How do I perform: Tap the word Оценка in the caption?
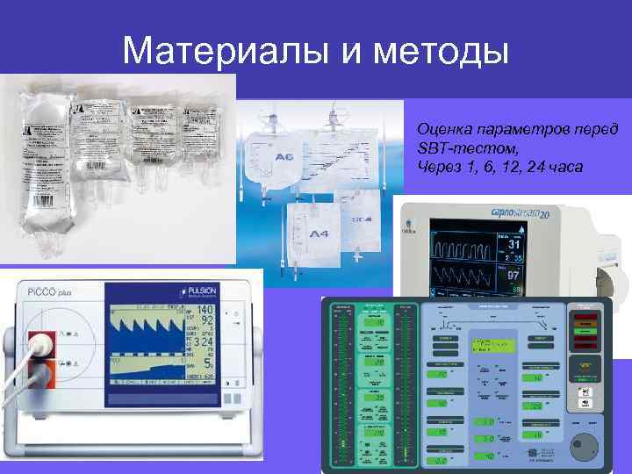(444, 129)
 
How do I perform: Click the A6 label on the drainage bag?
(285, 158)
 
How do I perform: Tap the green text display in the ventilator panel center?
(488, 346)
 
